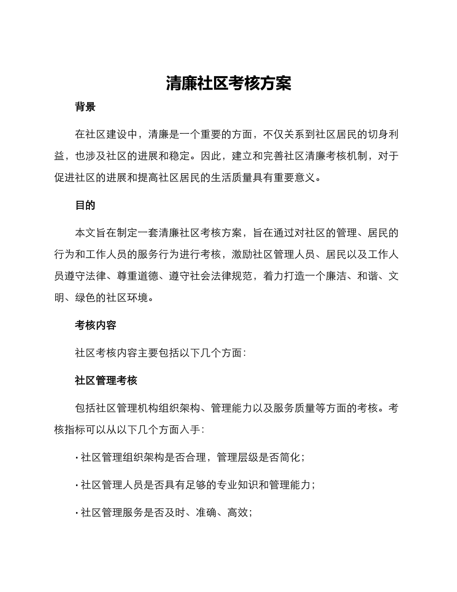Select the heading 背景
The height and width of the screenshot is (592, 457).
85,107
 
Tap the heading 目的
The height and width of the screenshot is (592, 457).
85,206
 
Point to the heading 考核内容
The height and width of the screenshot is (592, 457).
96,325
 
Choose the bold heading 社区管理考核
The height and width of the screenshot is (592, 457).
106,381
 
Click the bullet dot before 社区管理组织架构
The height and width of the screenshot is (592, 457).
77,458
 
